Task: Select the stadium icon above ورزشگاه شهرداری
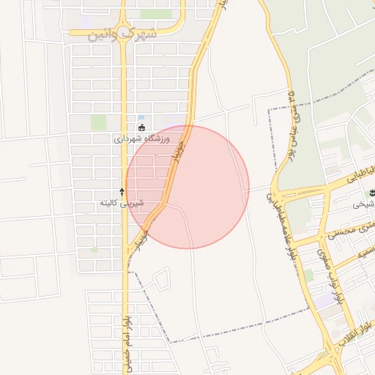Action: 141,128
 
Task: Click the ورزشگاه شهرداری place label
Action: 142,138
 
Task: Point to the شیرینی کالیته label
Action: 122,203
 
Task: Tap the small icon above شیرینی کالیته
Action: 122,191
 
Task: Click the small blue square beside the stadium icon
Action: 141,118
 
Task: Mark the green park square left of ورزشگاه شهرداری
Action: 98,122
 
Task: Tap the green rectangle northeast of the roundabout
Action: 155,14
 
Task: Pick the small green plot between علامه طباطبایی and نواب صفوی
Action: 308,275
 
